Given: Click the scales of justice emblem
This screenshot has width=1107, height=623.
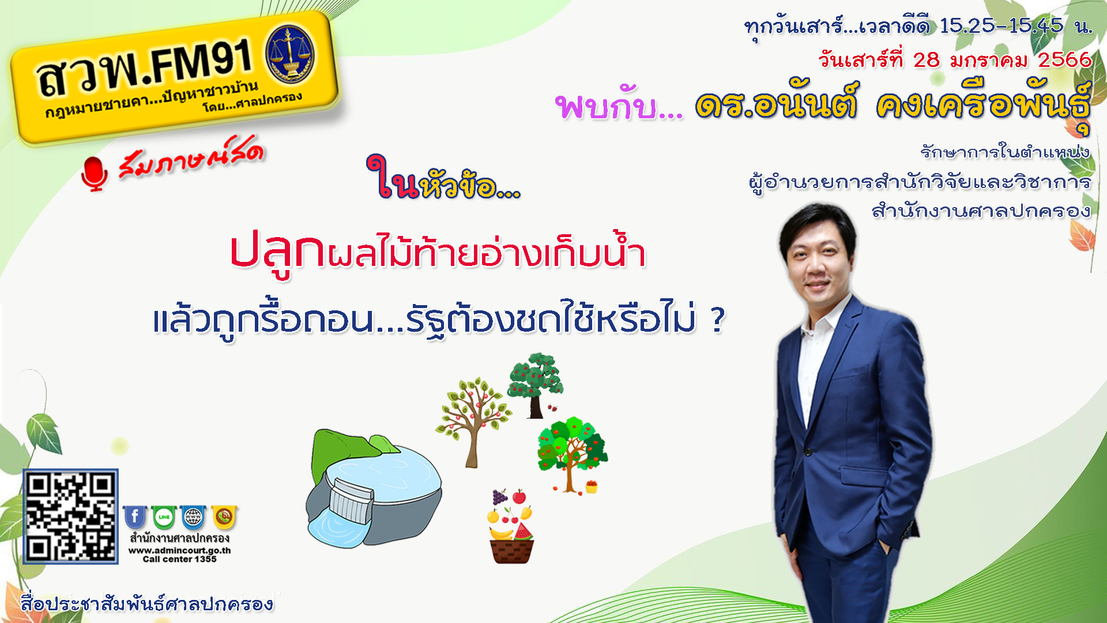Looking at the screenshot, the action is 290,54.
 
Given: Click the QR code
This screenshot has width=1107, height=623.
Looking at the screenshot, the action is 70,516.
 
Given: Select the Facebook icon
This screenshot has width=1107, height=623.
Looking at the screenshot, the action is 134,517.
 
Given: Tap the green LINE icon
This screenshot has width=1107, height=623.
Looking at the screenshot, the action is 164,517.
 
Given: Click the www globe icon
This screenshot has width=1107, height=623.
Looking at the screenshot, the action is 193,517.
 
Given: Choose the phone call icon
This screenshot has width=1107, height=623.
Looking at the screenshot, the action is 224,517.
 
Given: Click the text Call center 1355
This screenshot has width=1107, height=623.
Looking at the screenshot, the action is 179,559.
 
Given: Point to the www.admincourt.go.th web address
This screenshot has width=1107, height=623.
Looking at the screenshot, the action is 179,550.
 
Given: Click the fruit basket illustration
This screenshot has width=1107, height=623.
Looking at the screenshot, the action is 511,526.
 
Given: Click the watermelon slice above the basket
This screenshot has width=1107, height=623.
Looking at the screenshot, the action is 524,531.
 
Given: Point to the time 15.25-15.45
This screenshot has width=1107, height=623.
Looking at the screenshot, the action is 1001,26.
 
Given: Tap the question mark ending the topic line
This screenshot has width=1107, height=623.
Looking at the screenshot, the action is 717,321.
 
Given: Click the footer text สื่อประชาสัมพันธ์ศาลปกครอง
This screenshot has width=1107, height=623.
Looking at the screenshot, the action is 147,603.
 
